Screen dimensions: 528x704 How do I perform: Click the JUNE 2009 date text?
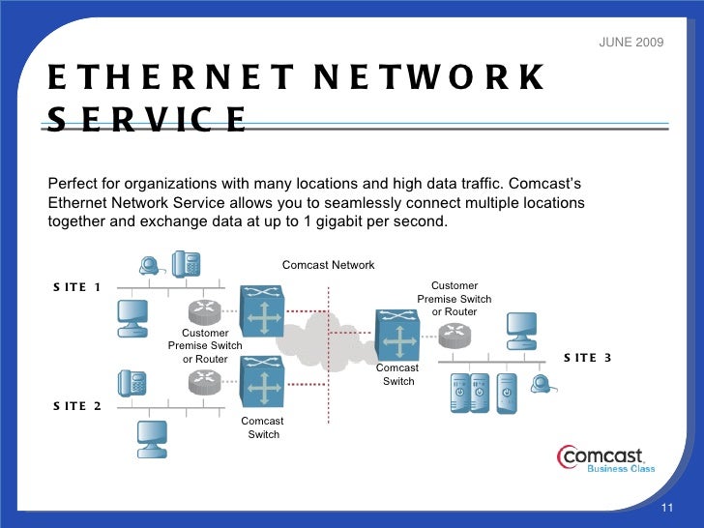631,44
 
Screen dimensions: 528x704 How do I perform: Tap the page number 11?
665,510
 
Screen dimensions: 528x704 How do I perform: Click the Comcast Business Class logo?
605,458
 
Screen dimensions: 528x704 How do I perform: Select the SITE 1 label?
77,286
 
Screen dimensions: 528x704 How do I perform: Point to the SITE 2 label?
77,405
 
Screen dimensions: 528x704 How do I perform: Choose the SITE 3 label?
587,357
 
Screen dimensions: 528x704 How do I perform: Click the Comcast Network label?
328,265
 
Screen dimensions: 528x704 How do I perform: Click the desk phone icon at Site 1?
186,264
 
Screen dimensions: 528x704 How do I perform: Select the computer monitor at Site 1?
133,314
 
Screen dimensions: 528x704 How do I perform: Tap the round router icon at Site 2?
206,382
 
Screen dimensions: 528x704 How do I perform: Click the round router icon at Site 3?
454,336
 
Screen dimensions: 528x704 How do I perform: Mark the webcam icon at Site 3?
543,384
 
